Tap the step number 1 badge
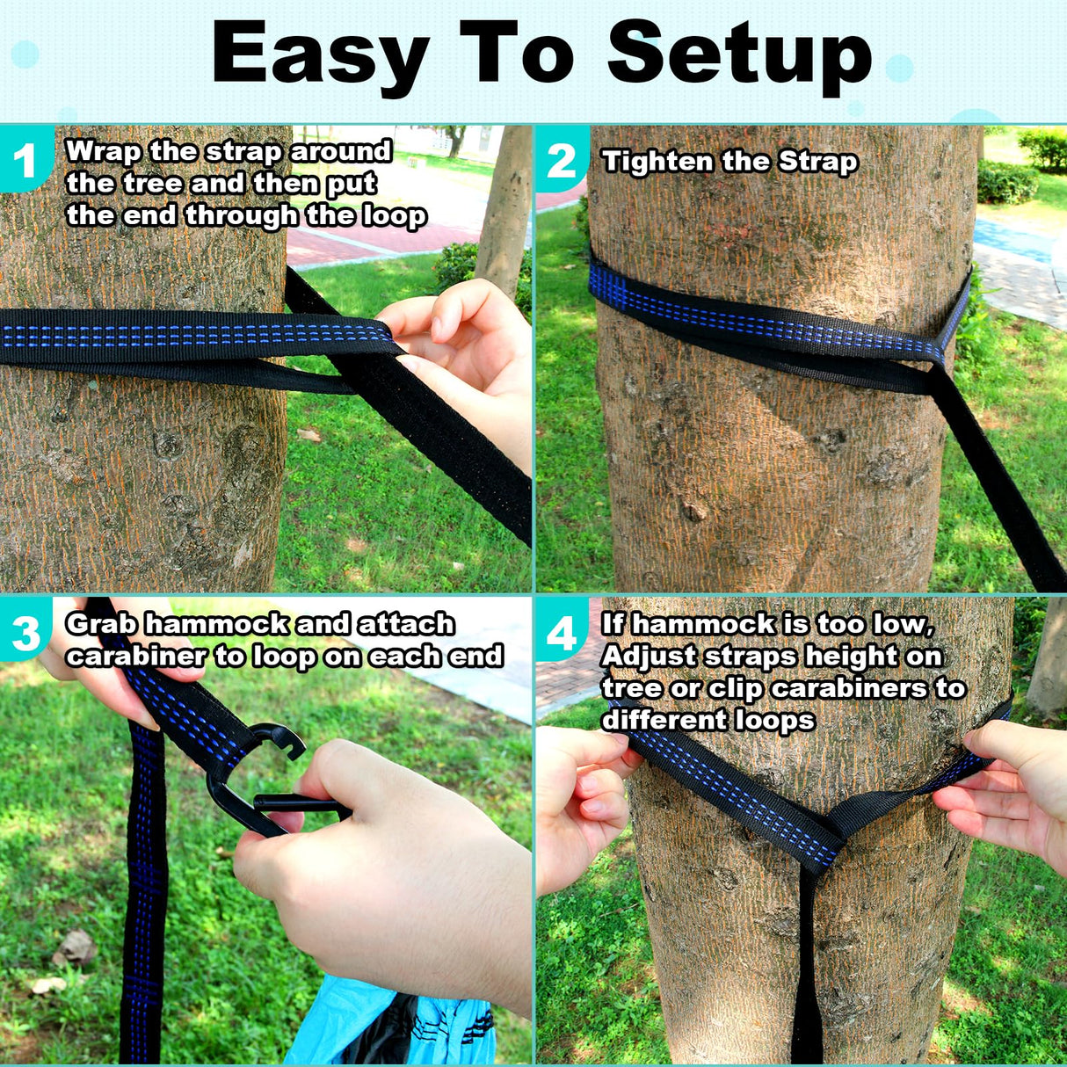click(25, 160)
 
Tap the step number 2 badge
click(561, 160)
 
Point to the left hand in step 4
click(580, 800)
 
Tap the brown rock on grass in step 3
click(75, 949)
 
